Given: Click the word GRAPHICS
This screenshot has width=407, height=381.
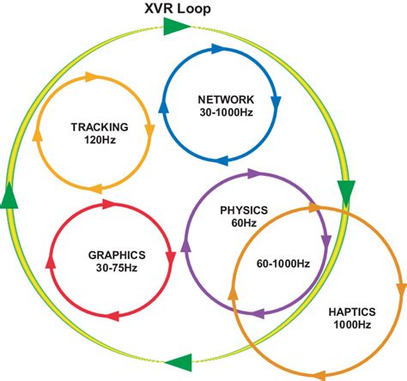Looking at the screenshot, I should [117, 255].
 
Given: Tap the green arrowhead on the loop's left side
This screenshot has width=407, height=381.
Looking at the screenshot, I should [9, 197].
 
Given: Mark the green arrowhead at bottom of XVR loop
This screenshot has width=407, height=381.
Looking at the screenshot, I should [178, 362].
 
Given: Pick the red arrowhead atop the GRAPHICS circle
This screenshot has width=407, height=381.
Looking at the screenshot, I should [110, 204].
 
